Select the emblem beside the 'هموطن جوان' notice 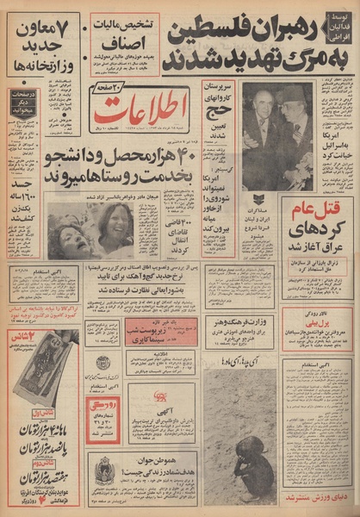click(x=104, y=470)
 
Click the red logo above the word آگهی click(x=158, y=397)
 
